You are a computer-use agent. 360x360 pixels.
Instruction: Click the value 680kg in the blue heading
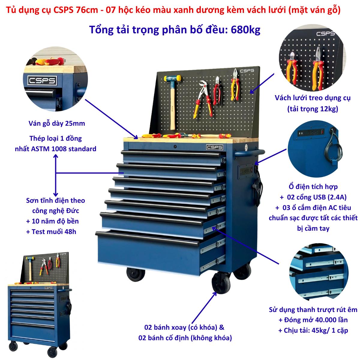[245, 30]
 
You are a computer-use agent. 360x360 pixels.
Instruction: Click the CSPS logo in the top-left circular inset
[42, 80]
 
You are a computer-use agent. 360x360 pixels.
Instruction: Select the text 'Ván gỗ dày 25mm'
[57, 124]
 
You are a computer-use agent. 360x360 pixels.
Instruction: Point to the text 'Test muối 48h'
[54, 232]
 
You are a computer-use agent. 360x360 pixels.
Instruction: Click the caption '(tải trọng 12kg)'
[313, 109]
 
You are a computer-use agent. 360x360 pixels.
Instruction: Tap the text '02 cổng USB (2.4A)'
[317, 197]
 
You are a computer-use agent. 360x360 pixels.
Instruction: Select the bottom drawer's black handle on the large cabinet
[147, 238]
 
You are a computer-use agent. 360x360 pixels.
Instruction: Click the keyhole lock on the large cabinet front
[175, 147]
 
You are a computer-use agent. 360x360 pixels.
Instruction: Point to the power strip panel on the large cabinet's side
[246, 171]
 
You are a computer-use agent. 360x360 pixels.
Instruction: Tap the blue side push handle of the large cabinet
[250, 153]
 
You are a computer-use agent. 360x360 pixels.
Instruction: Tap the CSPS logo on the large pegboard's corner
[247, 70]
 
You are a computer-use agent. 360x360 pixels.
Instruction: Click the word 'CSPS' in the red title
[63, 10]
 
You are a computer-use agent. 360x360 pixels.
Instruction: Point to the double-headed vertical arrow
[56, 175]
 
